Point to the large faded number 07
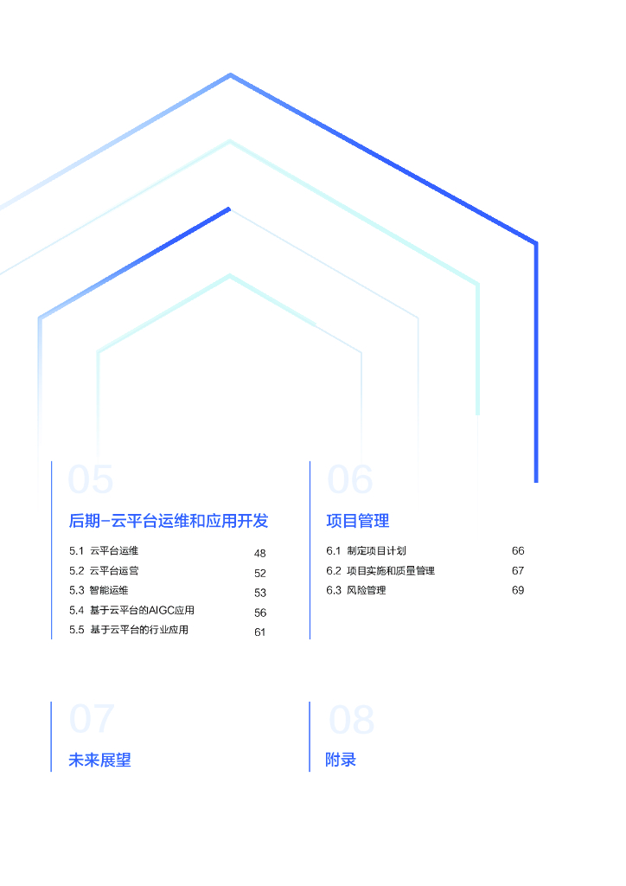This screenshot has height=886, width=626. point(92,719)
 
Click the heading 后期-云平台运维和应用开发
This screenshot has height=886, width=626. point(169,521)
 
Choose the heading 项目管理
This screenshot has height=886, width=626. point(358,521)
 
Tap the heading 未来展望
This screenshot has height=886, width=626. point(100,761)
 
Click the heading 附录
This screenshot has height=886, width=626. point(341,761)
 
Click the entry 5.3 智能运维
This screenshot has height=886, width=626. point(99,590)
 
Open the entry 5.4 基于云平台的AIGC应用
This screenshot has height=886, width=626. point(131,610)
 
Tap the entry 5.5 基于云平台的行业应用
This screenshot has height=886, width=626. point(129,630)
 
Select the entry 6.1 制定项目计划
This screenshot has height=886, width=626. point(366,550)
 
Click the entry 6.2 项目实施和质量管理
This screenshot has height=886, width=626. point(380,570)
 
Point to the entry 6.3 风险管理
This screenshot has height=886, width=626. point(356,590)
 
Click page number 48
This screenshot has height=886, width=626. point(260,553)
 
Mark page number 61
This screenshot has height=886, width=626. point(260,632)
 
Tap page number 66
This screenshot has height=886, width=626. point(518,551)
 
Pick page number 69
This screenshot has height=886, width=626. point(518,591)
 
